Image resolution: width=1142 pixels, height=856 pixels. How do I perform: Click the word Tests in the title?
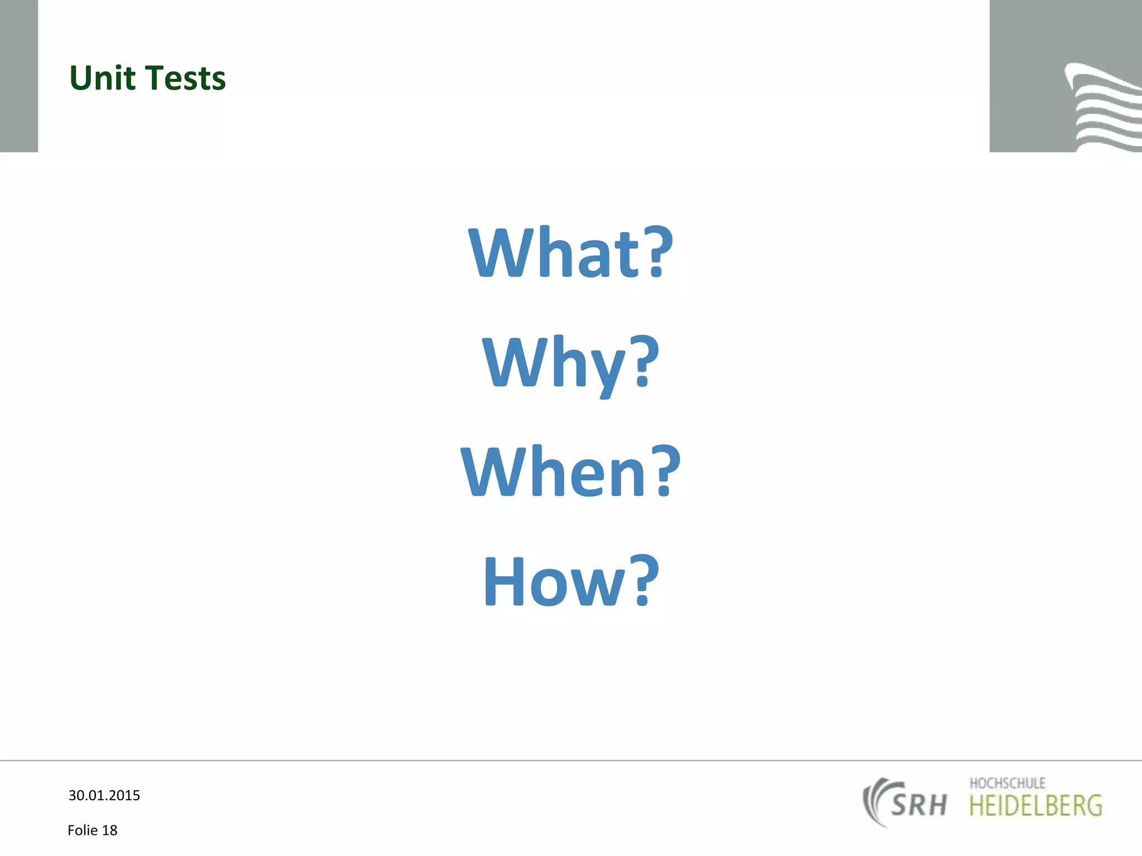(x=187, y=78)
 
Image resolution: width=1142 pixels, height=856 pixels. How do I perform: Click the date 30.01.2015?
(x=104, y=795)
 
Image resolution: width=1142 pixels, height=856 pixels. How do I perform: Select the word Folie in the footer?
(x=83, y=830)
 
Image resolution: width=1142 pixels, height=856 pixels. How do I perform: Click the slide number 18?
(x=110, y=830)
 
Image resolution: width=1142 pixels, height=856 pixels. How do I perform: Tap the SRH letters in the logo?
(x=919, y=805)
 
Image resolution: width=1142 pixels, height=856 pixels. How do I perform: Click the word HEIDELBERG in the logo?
(x=1035, y=806)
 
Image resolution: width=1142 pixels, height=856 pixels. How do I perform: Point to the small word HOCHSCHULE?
(x=1007, y=783)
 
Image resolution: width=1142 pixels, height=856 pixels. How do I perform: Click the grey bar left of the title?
(x=18, y=76)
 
